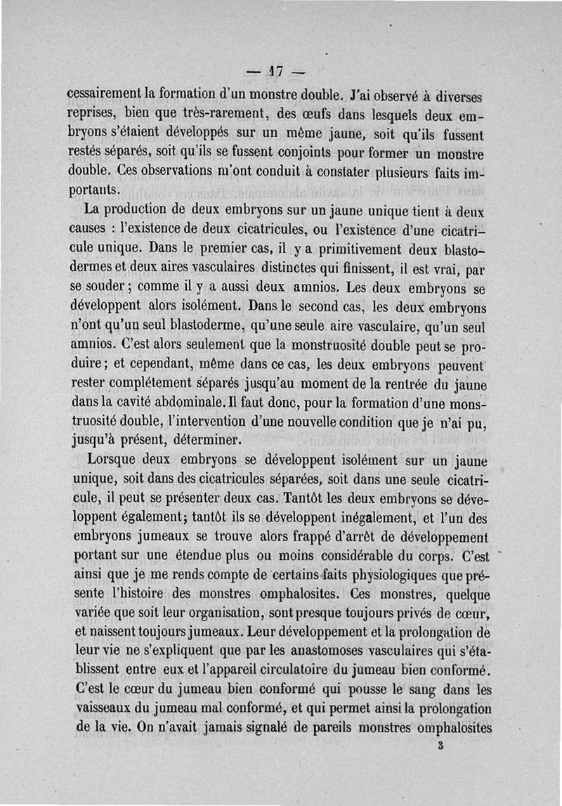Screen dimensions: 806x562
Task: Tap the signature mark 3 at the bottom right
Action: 440,748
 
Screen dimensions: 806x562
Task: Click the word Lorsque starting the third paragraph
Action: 111,462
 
